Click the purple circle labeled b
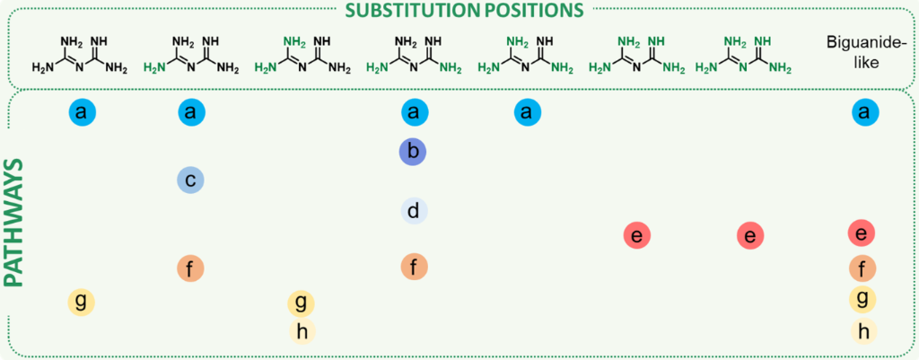[412, 152]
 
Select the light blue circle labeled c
[190, 180]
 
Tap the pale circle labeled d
[413, 211]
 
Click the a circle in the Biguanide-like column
[862, 112]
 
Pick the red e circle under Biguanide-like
[862, 233]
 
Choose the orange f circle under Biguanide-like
[862, 268]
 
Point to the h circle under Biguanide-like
[862, 330]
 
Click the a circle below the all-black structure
[81, 112]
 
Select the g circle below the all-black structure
[81, 301]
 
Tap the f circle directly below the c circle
[190, 268]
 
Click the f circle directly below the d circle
[413, 267]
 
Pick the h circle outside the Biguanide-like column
[302, 331]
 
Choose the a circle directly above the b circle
[413, 112]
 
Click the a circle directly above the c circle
[190, 112]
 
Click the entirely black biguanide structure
[80, 54]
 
